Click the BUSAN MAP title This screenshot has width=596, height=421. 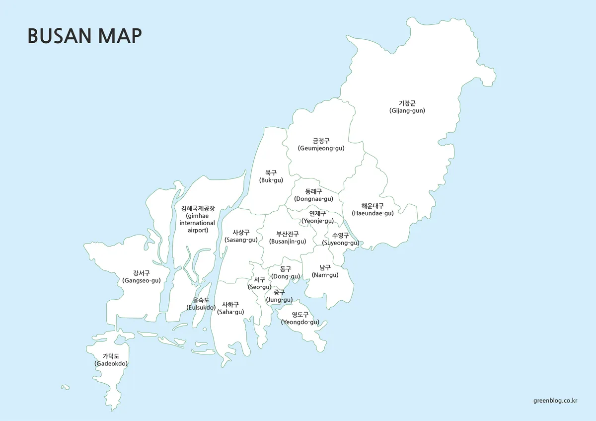[x=84, y=36]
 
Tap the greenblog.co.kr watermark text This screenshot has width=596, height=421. [x=555, y=400]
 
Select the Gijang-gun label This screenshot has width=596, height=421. [x=407, y=107]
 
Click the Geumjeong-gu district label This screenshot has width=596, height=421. [x=321, y=145]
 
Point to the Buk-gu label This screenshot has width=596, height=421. [x=271, y=176]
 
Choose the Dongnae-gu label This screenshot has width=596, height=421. [x=313, y=195]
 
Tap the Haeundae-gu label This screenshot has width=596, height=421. [x=372, y=209]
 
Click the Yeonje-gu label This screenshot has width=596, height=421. [x=317, y=217]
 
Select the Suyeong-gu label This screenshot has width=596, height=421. [x=340, y=239]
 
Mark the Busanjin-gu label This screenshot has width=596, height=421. [x=288, y=238]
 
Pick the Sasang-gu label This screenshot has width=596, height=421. [x=241, y=236]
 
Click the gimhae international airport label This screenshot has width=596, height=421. [x=198, y=219]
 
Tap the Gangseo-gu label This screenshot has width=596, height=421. [x=141, y=277]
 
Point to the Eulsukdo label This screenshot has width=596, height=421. [x=201, y=304]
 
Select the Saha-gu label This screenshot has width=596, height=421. [x=230, y=308]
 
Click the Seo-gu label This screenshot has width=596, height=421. [x=259, y=283]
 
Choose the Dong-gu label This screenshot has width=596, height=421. [x=285, y=272]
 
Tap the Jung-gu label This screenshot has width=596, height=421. [x=279, y=296]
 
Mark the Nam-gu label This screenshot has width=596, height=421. [x=325, y=271]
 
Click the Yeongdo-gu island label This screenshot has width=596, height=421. [x=300, y=318]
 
